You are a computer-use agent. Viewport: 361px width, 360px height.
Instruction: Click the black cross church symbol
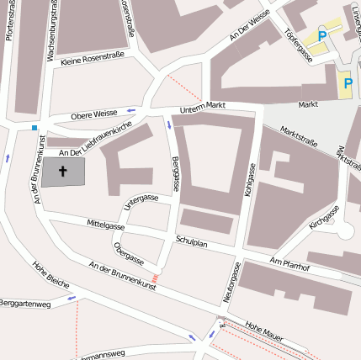click(64, 171)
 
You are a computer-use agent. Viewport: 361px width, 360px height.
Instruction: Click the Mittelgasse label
click(106, 225)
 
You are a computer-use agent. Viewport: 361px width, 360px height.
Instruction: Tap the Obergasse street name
click(129, 254)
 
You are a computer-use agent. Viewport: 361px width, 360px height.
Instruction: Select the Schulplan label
click(191, 240)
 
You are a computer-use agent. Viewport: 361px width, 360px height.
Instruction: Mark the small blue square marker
click(35, 128)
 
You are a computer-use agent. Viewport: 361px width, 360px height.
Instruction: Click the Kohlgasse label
click(249, 180)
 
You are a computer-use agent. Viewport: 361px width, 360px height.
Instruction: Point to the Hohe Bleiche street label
click(50, 274)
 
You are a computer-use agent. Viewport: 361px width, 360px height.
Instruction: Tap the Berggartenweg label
click(24, 301)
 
